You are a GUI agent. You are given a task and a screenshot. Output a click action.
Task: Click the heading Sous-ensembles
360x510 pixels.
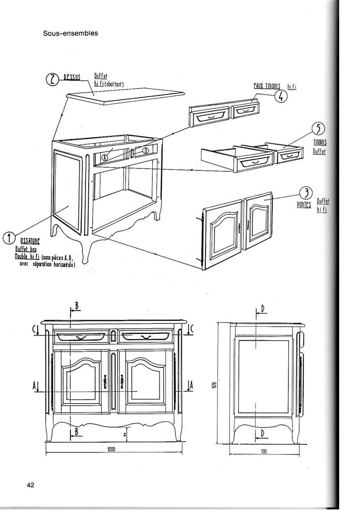tap(70, 33)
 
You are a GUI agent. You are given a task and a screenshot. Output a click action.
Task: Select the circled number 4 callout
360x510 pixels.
tap(280, 96)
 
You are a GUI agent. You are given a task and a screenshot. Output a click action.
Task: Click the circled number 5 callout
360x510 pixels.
tap(318, 129)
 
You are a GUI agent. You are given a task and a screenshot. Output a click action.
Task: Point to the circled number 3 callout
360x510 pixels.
tap(305, 193)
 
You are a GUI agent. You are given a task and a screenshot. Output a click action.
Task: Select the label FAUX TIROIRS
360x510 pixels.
tap(267, 86)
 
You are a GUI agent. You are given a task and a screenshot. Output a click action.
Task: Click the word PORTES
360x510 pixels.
tap(304, 206)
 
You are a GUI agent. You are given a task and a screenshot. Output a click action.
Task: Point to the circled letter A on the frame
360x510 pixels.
tap(105, 157)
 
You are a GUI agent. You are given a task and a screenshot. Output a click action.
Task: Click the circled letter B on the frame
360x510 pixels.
tap(145, 150)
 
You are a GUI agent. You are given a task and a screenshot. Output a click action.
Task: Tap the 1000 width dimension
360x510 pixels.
tap(111, 449)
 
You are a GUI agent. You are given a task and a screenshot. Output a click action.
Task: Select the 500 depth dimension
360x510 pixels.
tap(263, 451)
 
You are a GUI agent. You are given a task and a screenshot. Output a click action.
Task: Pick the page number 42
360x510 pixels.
tap(31, 485)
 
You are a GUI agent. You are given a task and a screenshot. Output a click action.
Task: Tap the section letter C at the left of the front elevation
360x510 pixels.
tap(35, 329)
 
